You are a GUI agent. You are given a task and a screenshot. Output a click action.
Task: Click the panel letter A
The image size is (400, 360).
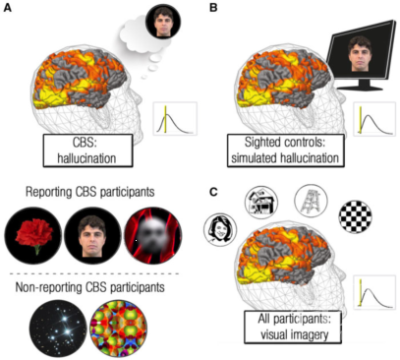click(x=7, y=8)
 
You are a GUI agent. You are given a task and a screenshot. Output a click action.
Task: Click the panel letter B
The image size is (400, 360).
click(x=213, y=8)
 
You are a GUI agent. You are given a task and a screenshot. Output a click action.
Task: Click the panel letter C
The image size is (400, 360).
click(x=213, y=191)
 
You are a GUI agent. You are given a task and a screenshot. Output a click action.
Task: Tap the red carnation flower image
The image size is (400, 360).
click(x=33, y=235)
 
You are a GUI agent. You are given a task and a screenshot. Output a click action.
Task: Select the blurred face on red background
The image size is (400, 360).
click(x=153, y=235)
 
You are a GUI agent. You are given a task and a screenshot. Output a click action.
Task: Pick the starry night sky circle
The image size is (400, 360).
click(x=58, y=329)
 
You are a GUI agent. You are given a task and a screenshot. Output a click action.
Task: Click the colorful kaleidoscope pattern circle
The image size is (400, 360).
click(x=118, y=329)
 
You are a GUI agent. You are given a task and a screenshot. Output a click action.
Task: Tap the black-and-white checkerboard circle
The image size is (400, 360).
click(x=355, y=216)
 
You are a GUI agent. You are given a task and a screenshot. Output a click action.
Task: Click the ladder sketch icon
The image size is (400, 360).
click(x=311, y=201)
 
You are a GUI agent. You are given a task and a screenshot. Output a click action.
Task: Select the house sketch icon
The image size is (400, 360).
click(x=261, y=203)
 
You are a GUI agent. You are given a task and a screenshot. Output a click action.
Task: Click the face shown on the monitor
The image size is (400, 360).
click(x=360, y=54)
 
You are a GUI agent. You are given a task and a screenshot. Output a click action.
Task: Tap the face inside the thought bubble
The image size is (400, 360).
click(x=163, y=23)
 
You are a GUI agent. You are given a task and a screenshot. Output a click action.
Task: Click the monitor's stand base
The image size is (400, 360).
click(x=360, y=88)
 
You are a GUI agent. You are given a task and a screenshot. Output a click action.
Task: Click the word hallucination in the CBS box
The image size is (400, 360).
click(x=86, y=158)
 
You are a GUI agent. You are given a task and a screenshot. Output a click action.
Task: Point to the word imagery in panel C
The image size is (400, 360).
click(x=311, y=334)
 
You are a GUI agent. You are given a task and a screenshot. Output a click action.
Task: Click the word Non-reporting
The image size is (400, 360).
click(x=49, y=287)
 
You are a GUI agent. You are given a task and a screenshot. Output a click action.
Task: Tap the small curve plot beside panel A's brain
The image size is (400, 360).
click(x=175, y=119)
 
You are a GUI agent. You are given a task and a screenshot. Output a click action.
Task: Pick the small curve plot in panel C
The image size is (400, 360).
click(x=374, y=292)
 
